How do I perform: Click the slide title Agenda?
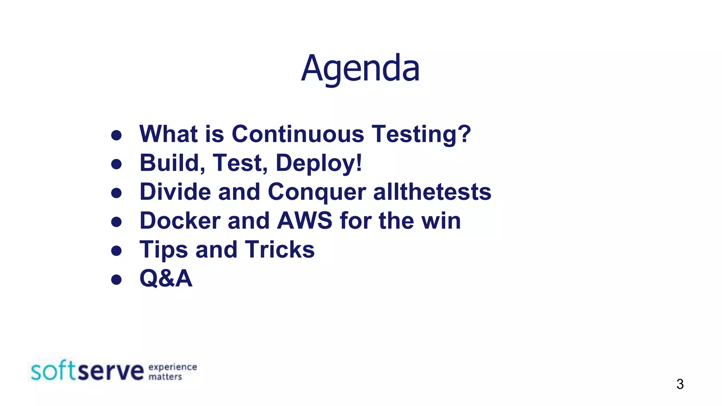pyautogui.click(x=360, y=68)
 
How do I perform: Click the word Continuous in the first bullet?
pyautogui.click(x=298, y=134)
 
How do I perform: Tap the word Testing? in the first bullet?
pyautogui.click(x=421, y=134)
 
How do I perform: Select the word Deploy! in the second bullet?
pyautogui.click(x=319, y=163)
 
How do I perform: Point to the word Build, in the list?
pyautogui.click(x=172, y=163)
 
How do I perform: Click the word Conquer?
pyautogui.click(x=317, y=192)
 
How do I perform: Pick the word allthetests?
pyautogui.click(x=432, y=192)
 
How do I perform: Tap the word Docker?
pyautogui.click(x=180, y=221)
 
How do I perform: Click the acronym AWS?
pyautogui.click(x=305, y=221)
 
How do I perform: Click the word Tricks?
pyautogui.click(x=280, y=250)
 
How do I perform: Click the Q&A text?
pyautogui.click(x=166, y=278)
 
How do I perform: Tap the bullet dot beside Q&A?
pyautogui.click(x=116, y=279)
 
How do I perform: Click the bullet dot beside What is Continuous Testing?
pyautogui.click(x=116, y=135)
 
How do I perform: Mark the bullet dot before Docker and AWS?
pyautogui.click(x=116, y=222)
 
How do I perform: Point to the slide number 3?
pyautogui.click(x=680, y=384)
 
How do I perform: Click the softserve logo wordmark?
pyautogui.click(x=87, y=371)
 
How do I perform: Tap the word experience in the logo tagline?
pyautogui.click(x=172, y=367)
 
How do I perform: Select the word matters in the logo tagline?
pyautogui.click(x=165, y=377)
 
